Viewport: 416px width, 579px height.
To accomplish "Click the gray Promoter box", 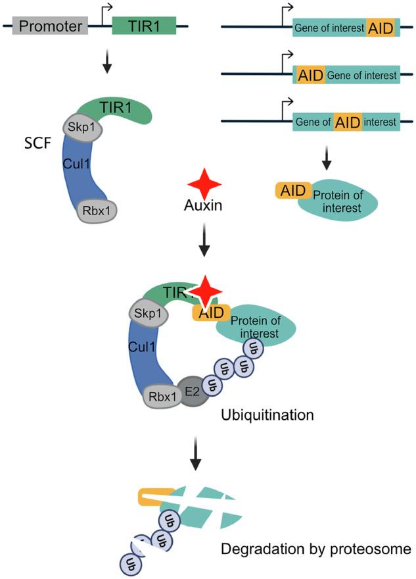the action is tap(50, 26).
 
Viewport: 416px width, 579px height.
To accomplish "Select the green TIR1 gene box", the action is tap(144, 26).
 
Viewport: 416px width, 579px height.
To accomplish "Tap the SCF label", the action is tap(37, 143).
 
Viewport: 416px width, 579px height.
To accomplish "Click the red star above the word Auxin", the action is tap(204, 184).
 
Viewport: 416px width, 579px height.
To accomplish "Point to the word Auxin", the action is tap(203, 205).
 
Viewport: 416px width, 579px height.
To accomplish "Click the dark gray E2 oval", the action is tap(192, 391).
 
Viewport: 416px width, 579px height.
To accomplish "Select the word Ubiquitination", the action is tap(267, 415).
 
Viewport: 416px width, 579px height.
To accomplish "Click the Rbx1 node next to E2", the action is tap(162, 397).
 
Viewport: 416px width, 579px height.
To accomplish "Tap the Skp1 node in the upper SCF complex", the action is tap(82, 128).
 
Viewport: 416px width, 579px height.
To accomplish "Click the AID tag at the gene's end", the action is tap(381, 28).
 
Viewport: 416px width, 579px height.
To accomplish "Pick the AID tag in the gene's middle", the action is tap(348, 122).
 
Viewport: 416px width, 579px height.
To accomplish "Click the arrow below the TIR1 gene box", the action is tap(107, 61).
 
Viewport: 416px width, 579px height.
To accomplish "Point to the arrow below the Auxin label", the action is tap(204, 239).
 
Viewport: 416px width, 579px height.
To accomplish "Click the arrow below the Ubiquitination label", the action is tap(195, 453).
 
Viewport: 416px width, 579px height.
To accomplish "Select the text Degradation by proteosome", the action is tap(316, 549).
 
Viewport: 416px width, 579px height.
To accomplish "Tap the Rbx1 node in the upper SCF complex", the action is tap(97, 211).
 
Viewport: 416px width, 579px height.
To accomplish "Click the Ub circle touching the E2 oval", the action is tap(212, 386).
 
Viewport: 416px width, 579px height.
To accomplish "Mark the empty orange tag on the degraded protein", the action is tap(156, 497).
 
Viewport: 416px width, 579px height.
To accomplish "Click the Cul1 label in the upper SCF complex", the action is tap(76, 164).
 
